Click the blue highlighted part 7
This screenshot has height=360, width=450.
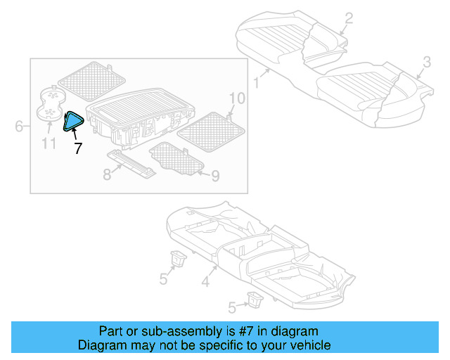[x=73, y=122]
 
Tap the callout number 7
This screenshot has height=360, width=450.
[x=77, y=148]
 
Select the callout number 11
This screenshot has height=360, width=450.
[x=48, y=145]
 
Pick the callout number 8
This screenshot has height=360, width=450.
[x=107, y=174]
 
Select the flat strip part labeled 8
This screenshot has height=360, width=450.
[x=132, y=164]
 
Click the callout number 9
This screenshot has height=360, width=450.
[x=214, y=175]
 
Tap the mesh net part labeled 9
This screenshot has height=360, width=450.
[x=176, y=157]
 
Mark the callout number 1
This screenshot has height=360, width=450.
[x=257, y=83]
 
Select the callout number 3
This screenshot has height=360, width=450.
[x=426, y=63]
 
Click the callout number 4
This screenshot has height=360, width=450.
[x=205, y=283]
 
